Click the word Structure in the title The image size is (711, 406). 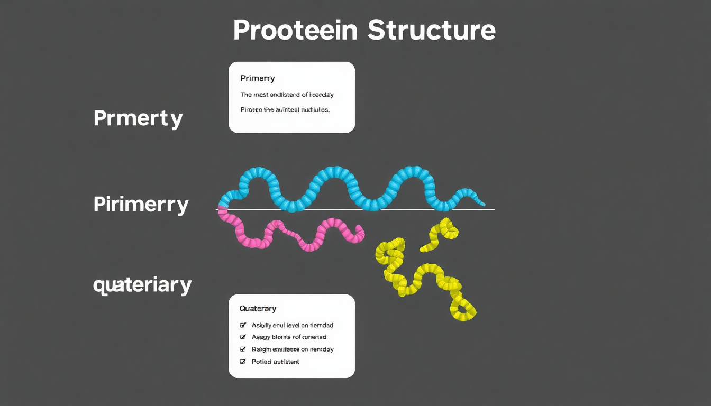coord(432,31)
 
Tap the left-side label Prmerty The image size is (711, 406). coord(138,118)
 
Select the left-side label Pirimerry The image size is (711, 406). coord(141,205)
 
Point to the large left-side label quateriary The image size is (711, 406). coord(142,285)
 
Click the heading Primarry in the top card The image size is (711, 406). coord(257,79)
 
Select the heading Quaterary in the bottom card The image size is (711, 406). coord(258,308)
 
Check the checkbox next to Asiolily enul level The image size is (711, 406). coord(243,325)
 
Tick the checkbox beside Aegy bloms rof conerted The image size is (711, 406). coord(243,337)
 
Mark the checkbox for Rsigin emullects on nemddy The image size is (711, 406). coord(243,349)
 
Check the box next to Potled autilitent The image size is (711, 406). coord(243,362)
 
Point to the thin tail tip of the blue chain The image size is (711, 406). coord(482,204)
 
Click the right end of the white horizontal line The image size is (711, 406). coord(494,209)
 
